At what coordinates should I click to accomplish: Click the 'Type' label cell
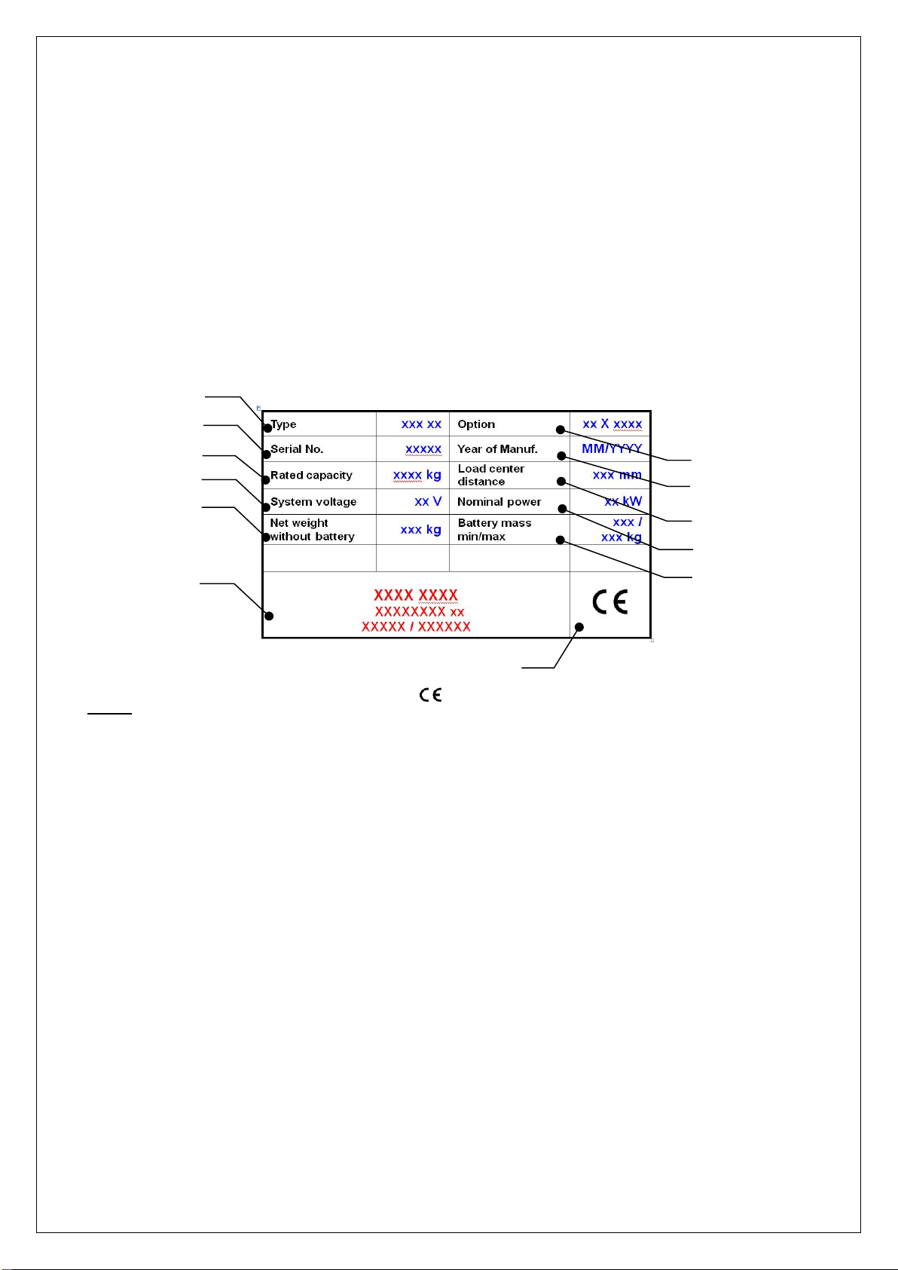[283, 424]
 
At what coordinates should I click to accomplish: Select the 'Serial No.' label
[297, 449]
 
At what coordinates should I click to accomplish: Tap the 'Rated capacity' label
[311, 475]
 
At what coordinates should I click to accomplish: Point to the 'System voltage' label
[313, 502]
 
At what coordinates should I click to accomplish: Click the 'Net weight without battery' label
[312, 530]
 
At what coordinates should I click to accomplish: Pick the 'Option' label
[476, 424]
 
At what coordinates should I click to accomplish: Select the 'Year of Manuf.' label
[497, 449]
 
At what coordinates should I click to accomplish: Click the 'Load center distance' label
[490, 475]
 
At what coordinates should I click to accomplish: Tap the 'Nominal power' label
[499, 502]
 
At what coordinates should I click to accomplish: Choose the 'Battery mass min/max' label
[494, 530]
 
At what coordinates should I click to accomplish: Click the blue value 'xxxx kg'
[417, 475]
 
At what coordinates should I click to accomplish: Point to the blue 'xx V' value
[428, 501]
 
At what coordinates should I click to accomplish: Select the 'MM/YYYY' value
[612, 449]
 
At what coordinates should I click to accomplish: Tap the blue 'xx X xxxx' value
[612, 424]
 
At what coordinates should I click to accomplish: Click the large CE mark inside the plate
[610, 602]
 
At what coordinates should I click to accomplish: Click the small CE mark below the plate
[431, 695]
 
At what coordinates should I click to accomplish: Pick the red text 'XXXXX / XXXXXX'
[416, 626]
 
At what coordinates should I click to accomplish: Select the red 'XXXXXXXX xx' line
[420, 612]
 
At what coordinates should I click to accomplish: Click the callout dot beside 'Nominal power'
[562, 510]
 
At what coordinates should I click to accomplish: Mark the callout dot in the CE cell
[579, 627]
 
